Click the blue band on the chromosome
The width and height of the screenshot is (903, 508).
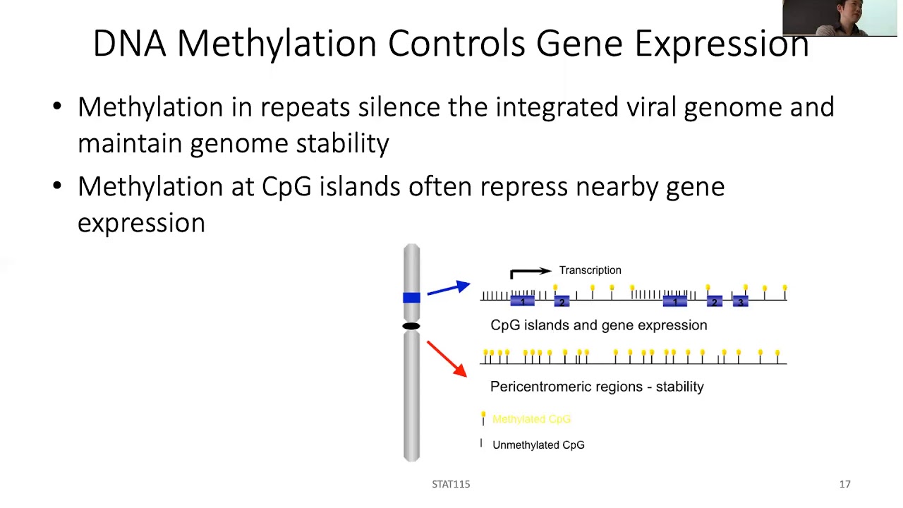click(x=411, y=298)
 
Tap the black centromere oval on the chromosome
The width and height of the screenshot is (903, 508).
click(x=411, y=326)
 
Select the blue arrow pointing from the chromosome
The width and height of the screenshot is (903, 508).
click(x=449, y=289)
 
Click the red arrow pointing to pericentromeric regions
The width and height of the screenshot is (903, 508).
click(x=447, y=358)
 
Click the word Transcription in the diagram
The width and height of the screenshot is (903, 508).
click(x=590, y=270)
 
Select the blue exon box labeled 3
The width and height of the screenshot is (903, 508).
click(x=739, y=301)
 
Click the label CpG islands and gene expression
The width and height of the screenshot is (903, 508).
click(x=598, y=325)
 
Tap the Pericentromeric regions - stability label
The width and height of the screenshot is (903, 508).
click(x=597, y=387)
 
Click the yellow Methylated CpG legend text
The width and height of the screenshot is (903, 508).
click(x=531, y=419)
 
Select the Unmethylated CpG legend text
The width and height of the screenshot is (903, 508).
click(x=538, y=445)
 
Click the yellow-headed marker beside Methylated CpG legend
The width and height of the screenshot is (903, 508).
click(x=483, y=418)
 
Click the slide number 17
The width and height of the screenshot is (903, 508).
click(x=844, y=484)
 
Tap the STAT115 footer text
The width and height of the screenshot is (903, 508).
click(x=451, y=484)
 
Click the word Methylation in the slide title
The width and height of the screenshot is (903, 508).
click(x=279, y=44)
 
